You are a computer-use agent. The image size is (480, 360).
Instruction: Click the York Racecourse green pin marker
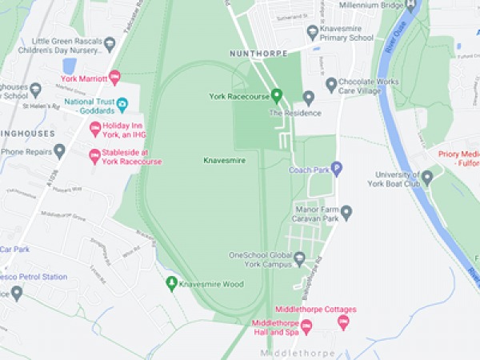(x=278, y=96)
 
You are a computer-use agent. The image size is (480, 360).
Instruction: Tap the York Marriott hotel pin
(x=114, y=78)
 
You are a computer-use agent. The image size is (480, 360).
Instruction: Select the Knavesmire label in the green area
(x=224, y=161)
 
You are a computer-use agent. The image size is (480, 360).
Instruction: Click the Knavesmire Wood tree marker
(x=170, y=283)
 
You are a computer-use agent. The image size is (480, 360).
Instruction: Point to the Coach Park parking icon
(x=337, y=169)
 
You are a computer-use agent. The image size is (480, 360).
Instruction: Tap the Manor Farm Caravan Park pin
(x=346, y=211)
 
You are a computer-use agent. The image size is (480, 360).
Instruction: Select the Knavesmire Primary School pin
(x=313, y=32)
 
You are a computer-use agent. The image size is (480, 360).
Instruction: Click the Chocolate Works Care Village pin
(x=331, y=84)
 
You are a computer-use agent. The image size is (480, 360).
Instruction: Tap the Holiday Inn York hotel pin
(x=94, y=128)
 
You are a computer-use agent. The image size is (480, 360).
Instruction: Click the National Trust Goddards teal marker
(x=122, y=103)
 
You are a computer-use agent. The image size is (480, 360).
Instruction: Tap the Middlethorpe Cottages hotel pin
(x=344, y=322)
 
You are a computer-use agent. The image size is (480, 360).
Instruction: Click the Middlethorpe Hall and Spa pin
(x=306, y=326)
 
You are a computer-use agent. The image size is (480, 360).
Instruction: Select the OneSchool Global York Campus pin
(x=299, y=258)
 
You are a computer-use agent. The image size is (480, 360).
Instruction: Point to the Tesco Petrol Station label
(x=34, y=277)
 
